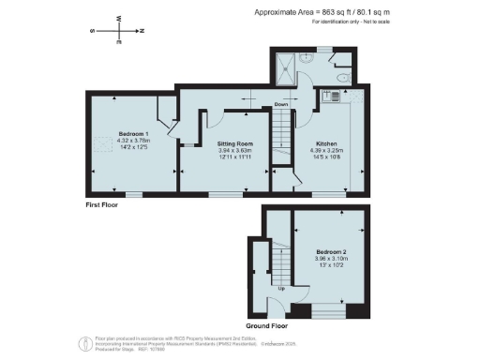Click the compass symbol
click(118, 30)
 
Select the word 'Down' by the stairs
click(280, 104)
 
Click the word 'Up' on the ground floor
click(281, 288)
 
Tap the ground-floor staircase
click(278, 262)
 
